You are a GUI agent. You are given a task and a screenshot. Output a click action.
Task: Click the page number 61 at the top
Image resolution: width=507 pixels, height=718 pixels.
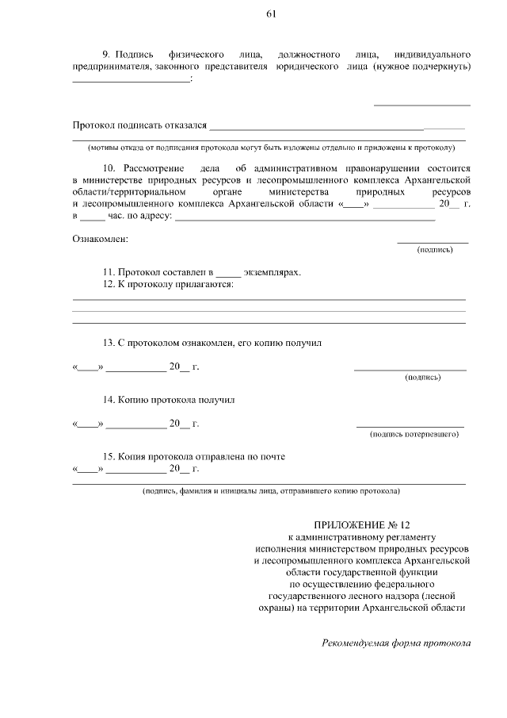point(271,14)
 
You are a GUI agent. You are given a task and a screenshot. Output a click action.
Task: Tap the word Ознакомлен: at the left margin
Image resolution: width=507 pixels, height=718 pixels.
point(100,239)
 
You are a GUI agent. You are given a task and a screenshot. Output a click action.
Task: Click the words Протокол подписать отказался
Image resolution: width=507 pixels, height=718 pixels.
point(139,125)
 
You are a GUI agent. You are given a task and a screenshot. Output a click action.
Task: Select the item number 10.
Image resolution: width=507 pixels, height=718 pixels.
point(110,169)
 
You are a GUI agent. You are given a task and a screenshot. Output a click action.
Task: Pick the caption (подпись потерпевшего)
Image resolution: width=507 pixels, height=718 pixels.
point(414,434)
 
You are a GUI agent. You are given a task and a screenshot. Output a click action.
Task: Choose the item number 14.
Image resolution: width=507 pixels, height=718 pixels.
point(110,400)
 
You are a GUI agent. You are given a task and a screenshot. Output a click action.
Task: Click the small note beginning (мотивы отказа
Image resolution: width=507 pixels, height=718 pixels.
point(270,148)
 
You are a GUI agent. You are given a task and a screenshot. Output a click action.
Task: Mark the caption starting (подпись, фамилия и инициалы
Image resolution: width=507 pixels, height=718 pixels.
point(270,491)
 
